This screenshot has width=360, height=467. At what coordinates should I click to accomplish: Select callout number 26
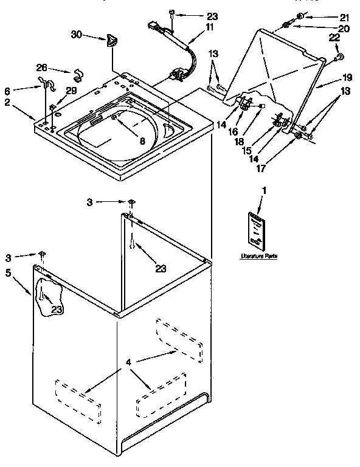coord(41,68)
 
